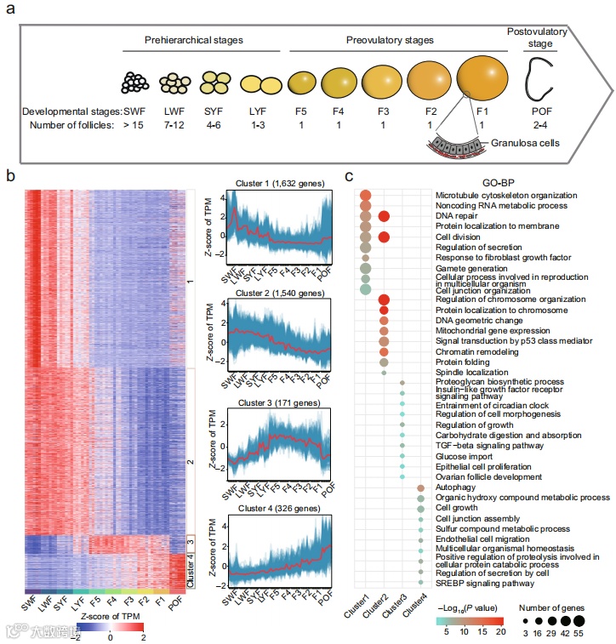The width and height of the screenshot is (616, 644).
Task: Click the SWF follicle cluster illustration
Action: pyautogui.click(x=135, y=83)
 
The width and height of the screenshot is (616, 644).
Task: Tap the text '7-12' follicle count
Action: pyautogui.click(x=174, y=126)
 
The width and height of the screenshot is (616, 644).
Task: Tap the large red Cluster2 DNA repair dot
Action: pyautogui.click(x=384, y=217)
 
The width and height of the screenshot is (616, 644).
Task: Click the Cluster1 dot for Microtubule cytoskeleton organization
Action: pyautogui.click(x=365, y=196)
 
